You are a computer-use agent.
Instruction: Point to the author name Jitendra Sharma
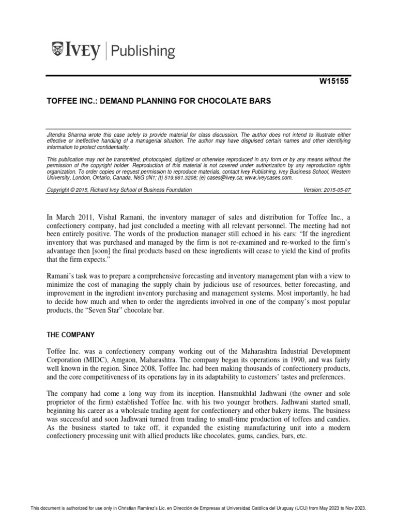click(x=66, y=134)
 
